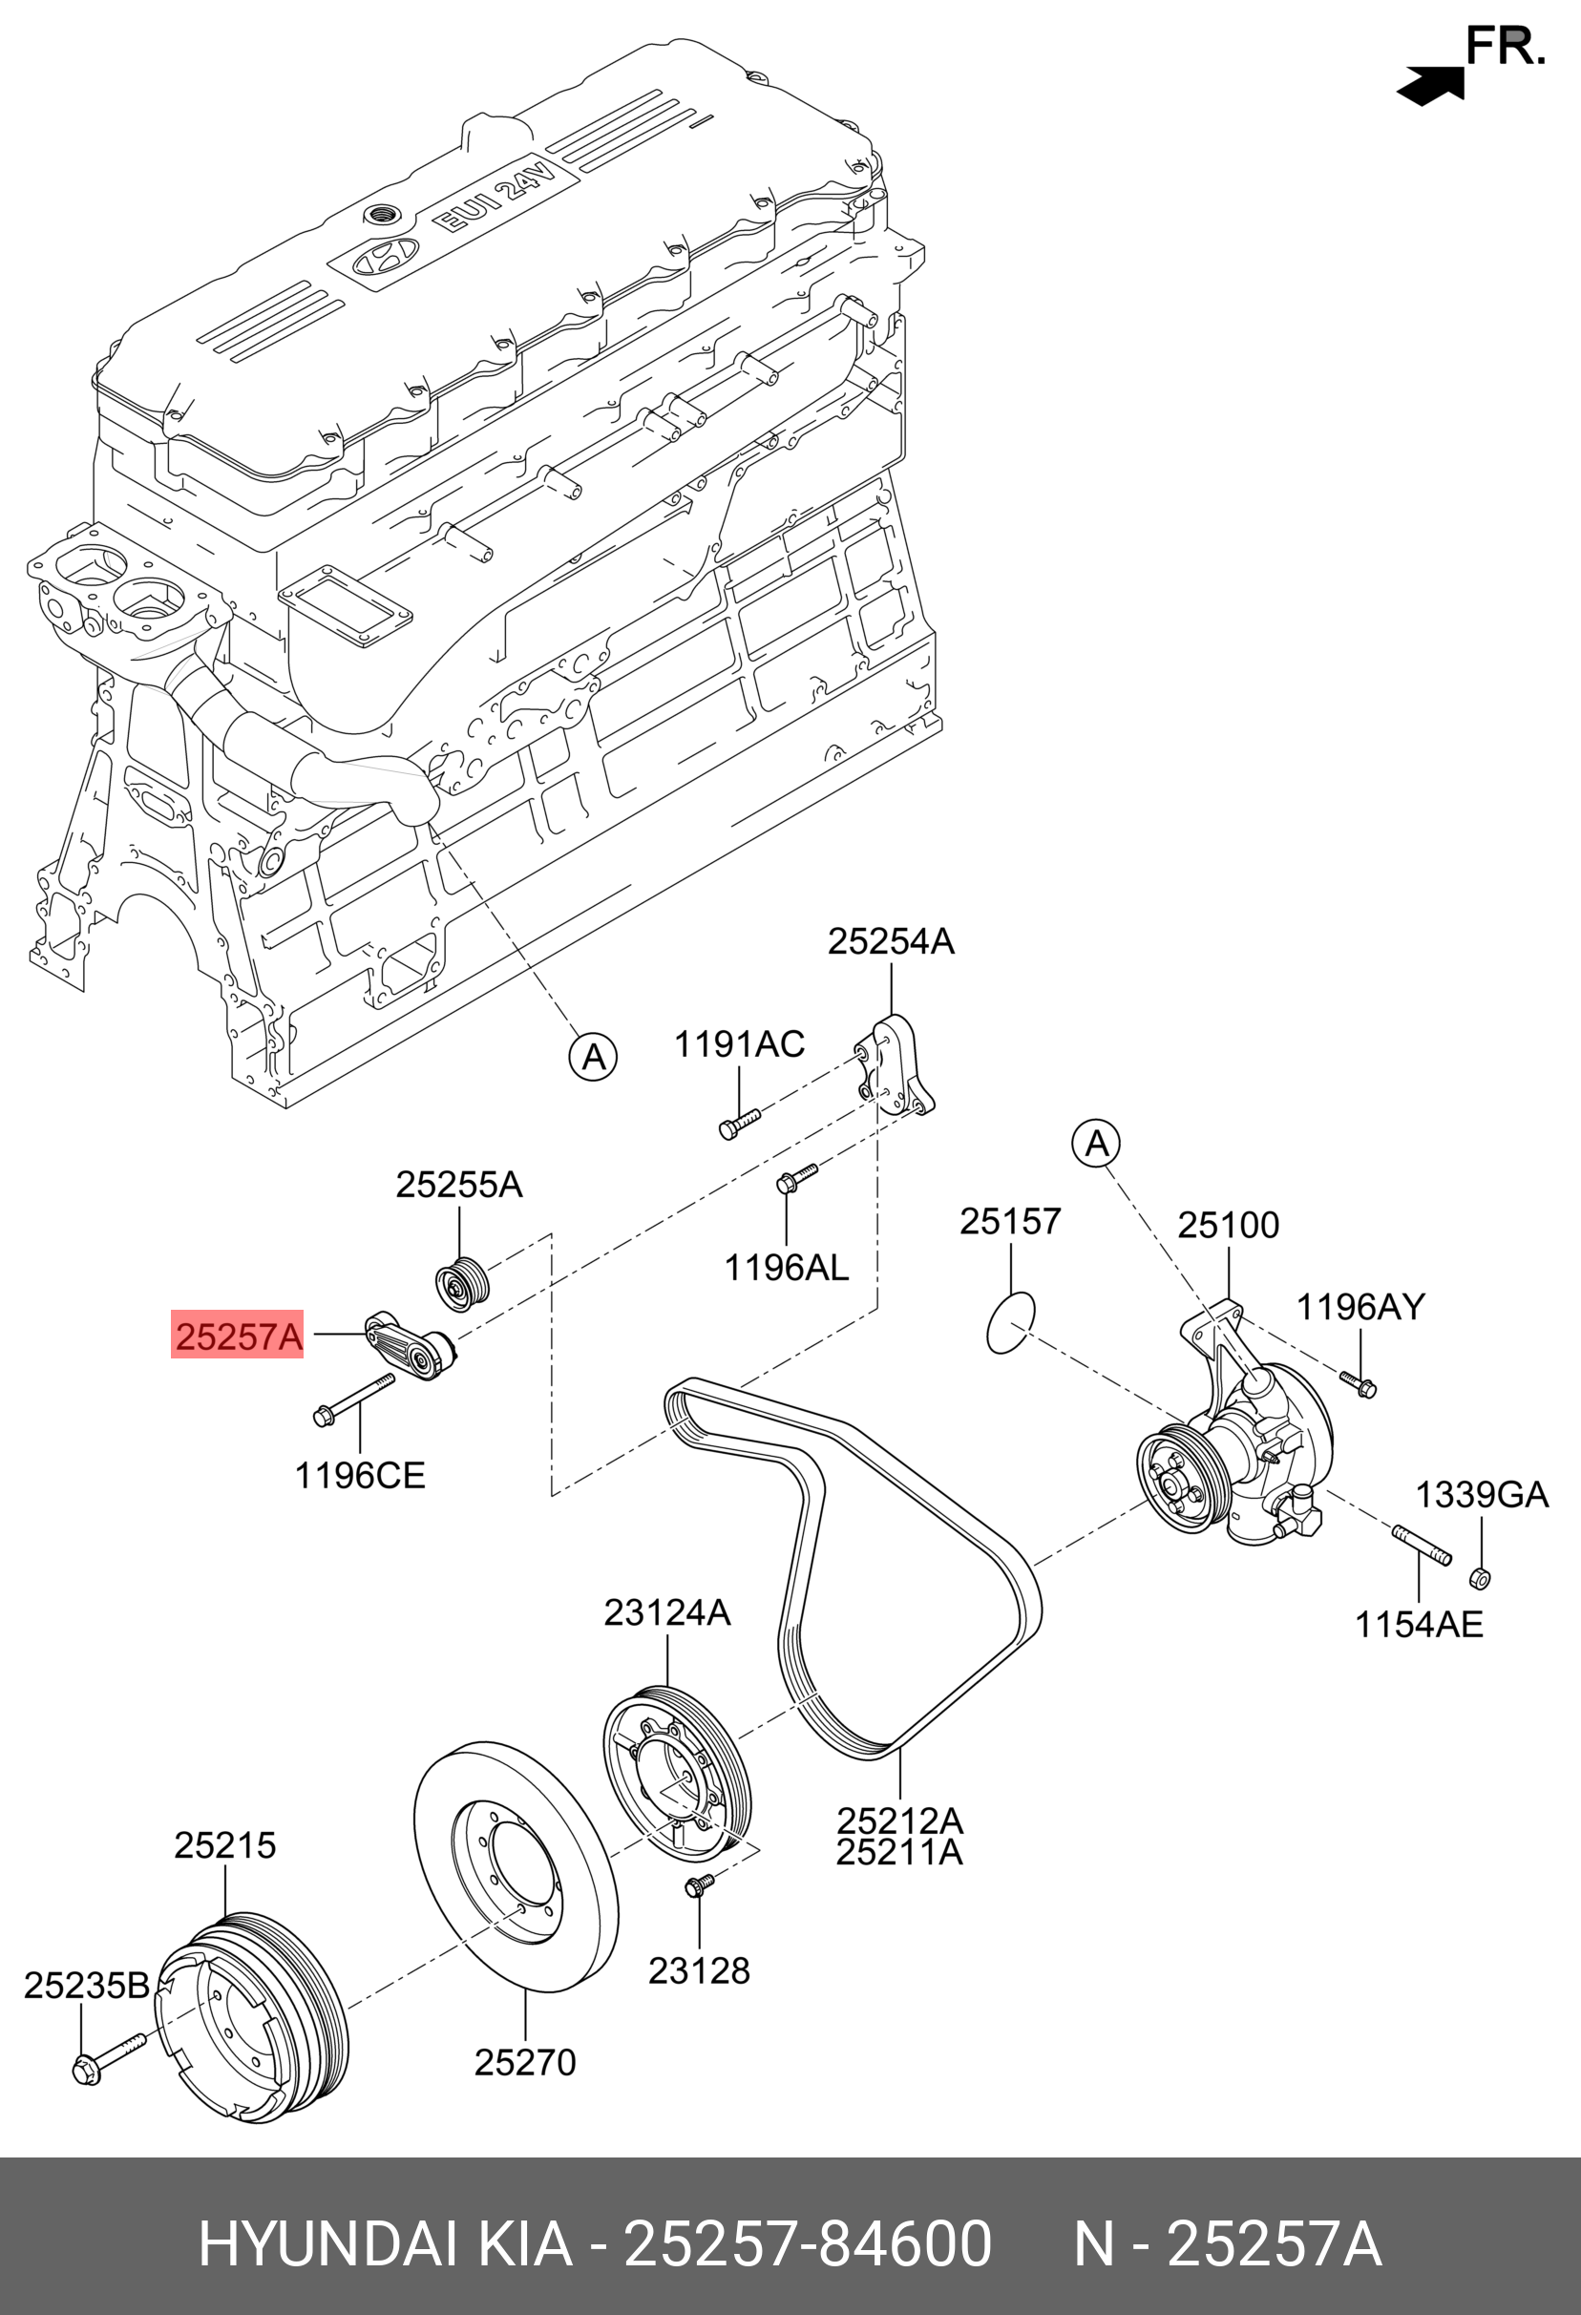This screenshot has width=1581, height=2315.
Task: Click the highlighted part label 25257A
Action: point(237,1336)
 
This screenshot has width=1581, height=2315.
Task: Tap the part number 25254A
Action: point(891,941)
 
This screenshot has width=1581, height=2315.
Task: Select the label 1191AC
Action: point(739,1044)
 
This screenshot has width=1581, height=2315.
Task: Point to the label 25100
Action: point(1229,1225)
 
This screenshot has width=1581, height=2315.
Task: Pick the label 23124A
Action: point(667,1612)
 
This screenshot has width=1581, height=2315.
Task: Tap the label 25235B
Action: point(87,1986)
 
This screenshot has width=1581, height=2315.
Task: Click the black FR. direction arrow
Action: point(1430,87)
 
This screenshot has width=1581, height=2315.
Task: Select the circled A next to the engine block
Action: point(593,1057)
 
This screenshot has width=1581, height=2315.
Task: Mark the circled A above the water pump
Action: point(1096,1144)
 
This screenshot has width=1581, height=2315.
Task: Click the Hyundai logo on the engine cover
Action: point(380,258)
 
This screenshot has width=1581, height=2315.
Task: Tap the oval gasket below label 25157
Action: point(1010,1323)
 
